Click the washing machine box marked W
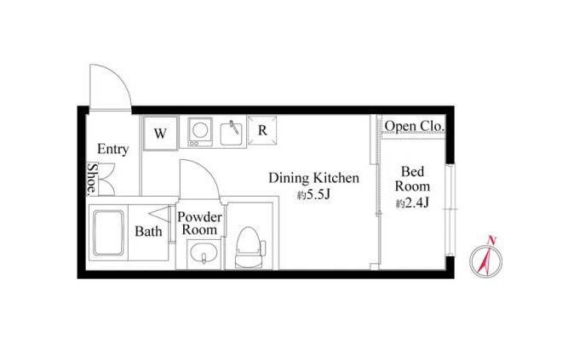click(x=160, y=133)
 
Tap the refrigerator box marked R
click(x=262, y=130)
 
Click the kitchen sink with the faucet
click(x=231, y=134)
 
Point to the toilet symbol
click(x=250, y=248)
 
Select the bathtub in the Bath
click(x=108, y=233)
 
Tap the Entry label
click(x=113, y=149)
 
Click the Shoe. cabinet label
click(x=92, y=179)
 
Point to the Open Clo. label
click(x=414, y=126)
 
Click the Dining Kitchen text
click(x=313, y=178)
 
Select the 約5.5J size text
click(x=313, y=195)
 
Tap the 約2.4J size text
click(x=413, y=203)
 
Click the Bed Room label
click(x=413, y=179)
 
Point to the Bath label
click(x=148, y=231)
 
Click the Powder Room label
click(x=199, y=223)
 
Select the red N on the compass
click(x=491, y=240)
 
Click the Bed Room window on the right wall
click(x=449, y=210)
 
